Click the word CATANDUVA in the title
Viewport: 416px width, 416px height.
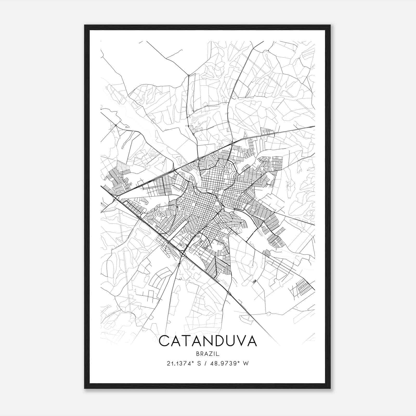(x=208, y=341)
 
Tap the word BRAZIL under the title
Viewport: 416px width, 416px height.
(x=208, y=354)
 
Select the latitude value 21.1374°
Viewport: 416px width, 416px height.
(x=181, y=363)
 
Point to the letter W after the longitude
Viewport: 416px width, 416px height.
(x=246, y=363)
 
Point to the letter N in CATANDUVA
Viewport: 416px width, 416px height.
(x=199, y=341)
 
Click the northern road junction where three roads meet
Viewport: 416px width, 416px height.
(x=188, y=75)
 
